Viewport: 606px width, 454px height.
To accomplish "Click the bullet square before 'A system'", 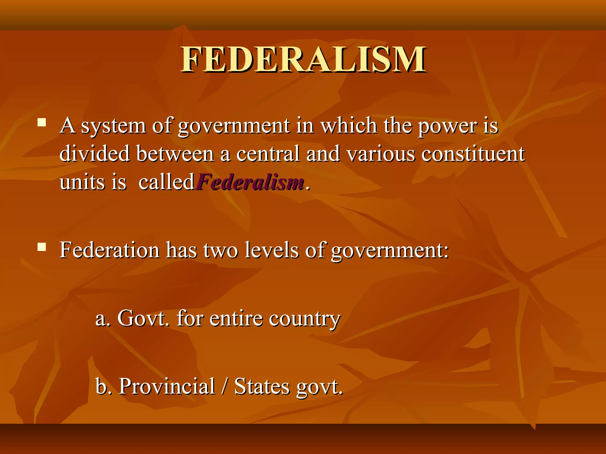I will click(x=42, y=122).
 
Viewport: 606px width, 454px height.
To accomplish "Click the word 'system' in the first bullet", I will click(x=113, y=127).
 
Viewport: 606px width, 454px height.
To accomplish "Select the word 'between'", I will click(x=175, y=154).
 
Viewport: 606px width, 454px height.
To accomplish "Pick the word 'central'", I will click(x=268, y=154).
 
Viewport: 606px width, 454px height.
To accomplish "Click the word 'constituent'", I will click(x=473, y=154).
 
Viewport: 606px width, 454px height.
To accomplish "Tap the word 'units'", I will click(x=82, y=182).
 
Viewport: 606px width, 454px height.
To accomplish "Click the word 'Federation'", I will click(x=109, y=250).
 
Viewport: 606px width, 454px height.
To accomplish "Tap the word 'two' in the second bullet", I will click(x=220, y=251).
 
